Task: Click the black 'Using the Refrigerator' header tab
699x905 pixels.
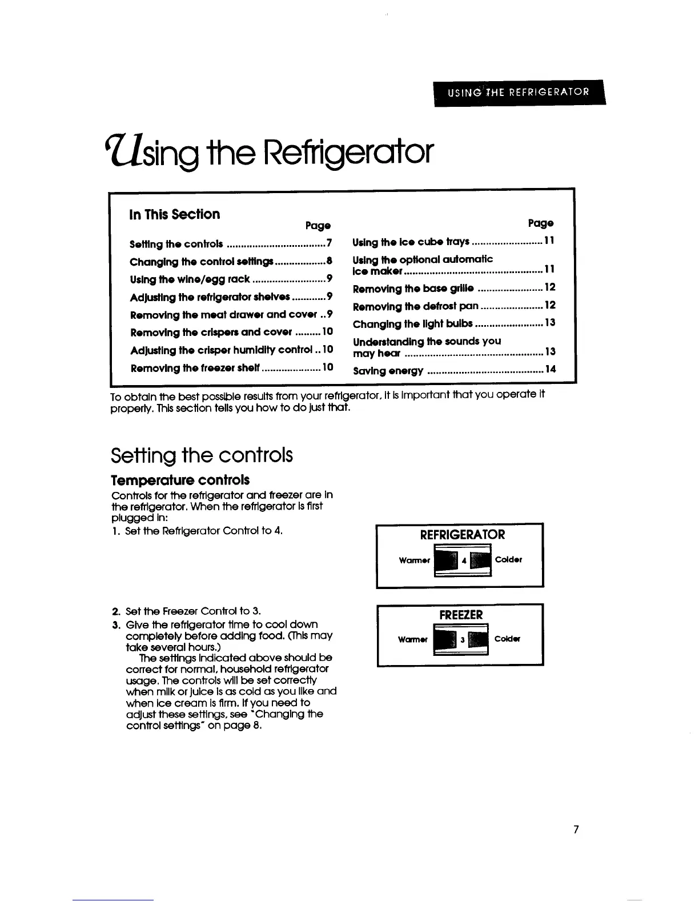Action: tap(519, 93)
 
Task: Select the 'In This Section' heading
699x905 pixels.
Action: tap(175, 214)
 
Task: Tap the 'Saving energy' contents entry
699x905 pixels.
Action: tap(388, 371)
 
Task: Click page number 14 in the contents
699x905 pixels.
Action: tap(550, 370)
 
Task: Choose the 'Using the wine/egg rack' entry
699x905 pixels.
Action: tap(190, 279)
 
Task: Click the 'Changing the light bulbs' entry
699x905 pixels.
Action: tap(413, 323)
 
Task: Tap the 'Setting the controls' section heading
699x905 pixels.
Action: tap(202, 455)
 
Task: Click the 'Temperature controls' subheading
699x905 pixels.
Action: tap(180, 480)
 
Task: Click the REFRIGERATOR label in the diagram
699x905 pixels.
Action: tap(463, 535)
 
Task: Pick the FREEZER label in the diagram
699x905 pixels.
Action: tap(461, 615)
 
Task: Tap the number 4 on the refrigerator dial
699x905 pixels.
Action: tap(464, 560)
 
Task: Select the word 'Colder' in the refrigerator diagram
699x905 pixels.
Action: tap(508, 560)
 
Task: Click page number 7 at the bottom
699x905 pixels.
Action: tap(577, 830)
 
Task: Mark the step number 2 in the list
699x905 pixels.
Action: tap(114, 611)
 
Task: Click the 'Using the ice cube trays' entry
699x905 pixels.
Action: tap(411, 242)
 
